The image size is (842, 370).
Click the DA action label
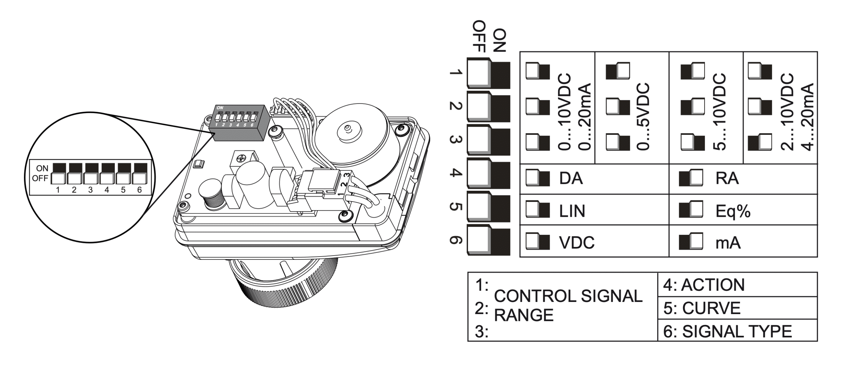(571, 179)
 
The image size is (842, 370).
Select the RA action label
(727, 179)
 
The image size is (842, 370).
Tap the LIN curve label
(572, 211)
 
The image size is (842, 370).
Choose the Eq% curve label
(733, 211)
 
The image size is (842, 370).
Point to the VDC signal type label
(577, 243)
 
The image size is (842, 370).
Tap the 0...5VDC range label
(643, 117)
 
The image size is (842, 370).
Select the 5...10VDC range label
(720, 112)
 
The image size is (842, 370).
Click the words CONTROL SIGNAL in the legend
(568, 296)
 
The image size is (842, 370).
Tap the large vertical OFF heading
(479, 36)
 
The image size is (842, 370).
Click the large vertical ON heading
(499, 40)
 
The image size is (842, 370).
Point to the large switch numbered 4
(488, 173)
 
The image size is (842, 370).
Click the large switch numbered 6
(488, 240)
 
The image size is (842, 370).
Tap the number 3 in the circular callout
(90, 190)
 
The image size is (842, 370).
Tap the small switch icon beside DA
(537, 178)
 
